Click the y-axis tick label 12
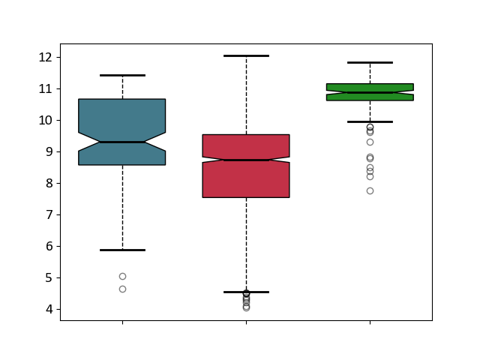[x=45, y=58]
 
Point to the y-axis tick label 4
[x=49, y=309]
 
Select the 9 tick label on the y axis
[x=49, y=151]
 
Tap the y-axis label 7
[x=49, y=215]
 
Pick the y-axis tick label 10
[x=45, y=120]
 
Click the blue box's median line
[x=122, y=142]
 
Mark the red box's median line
[x=246, y=160]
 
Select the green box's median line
[x=370, y=92]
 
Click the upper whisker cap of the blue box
[x=122, y=75]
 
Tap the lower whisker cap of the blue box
[x=122, y=250]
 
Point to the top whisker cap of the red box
[x=246, y=56]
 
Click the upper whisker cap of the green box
[x=370, y=62]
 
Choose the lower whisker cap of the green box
[x=370, y=121]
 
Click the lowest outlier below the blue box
[x=122, y=289]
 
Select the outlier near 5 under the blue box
[x=122, y=277]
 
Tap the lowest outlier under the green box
[x=370, y=191]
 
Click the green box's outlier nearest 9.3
[x=370, y=142]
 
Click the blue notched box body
[x=121, y=116]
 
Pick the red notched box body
[x=246, y=181]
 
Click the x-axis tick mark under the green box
[x=370, y=322]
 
